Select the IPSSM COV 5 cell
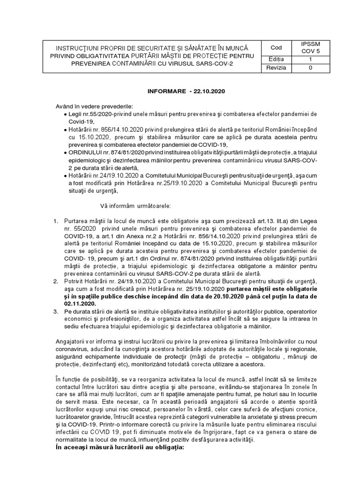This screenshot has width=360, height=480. coord(310,47)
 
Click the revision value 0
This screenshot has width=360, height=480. coord(310,68)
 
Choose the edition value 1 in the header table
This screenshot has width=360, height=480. coord(310,60)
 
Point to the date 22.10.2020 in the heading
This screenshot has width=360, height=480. coord(209,91)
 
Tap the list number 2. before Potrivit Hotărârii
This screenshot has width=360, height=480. coord(55,281)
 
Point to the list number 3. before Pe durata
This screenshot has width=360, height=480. coord(55,311)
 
